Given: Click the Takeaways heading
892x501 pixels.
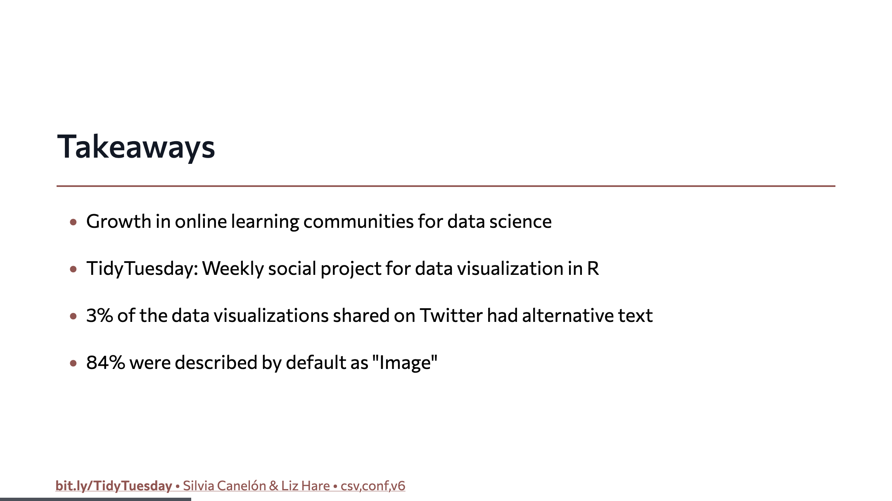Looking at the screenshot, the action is [x=136, y=147].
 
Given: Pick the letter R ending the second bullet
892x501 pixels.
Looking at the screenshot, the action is [x=593, y=269].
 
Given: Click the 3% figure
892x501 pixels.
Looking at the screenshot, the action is [x=100, y=316].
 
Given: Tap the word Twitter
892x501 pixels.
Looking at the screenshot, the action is [x=451, y=316].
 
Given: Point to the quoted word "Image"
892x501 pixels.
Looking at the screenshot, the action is [x=405, y=363].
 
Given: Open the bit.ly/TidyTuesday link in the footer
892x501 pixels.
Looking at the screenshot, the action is [x=114, y=486].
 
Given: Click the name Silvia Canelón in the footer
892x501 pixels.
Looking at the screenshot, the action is [x=224, y=486].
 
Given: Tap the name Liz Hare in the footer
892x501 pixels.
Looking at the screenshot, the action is [x=306, y=486].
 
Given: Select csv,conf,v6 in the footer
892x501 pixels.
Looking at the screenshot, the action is [x=373, y=486].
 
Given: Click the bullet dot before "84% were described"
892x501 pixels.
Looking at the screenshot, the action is [x=74, y=364].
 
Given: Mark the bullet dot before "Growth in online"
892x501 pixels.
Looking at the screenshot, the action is [x=74, y=222].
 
